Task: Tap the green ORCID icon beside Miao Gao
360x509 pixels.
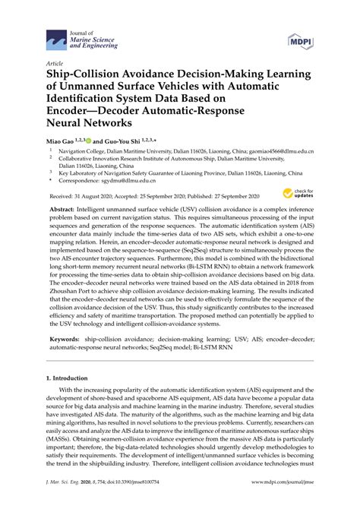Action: tap(90, 140)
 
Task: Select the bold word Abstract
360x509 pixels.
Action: tap(64, 207)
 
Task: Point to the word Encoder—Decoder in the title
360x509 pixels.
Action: tap(90, 110)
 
